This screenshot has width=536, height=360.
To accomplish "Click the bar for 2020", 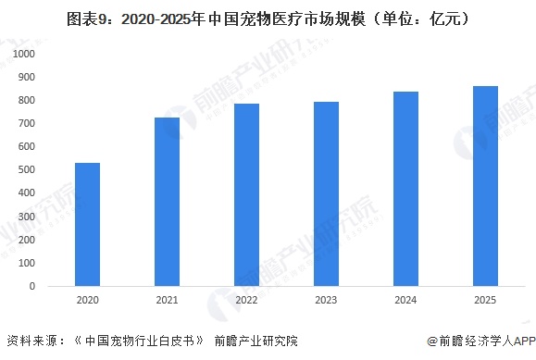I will point(87,224).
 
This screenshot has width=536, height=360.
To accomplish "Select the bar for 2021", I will point(167,201).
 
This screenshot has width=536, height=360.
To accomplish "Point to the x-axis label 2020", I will point(87,300).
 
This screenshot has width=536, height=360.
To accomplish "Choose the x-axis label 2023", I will point(326,300).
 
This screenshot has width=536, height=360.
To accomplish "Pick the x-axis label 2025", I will point(485,300).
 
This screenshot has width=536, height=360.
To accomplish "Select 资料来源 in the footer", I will point(31,341).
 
